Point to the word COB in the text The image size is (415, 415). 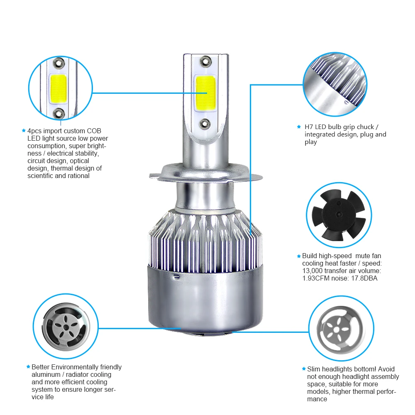[x=94, y=131]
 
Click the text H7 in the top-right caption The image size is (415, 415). [x=309, y=127]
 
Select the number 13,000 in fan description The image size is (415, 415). [x=315, y=271]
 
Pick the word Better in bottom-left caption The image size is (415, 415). [x=42, y=367]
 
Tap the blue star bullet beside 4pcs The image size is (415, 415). [x=24, y=131]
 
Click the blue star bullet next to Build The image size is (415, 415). [x=298, y=256]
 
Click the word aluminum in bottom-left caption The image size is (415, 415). [x=46, y=374]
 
